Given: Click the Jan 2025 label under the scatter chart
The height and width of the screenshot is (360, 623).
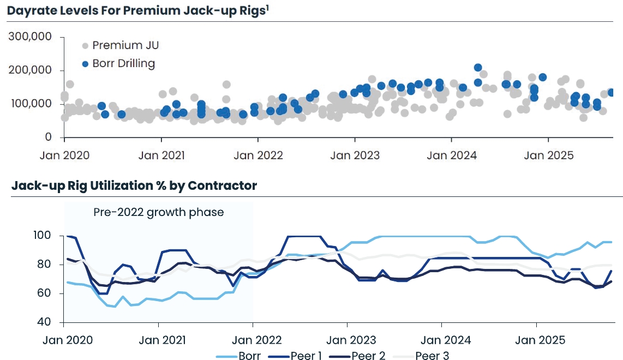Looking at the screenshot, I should click(x=548, y=155).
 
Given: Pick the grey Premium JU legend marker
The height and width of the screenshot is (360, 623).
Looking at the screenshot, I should click(x=85, y=45).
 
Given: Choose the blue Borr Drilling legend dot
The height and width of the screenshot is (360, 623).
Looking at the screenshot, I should click(x=85, y=64).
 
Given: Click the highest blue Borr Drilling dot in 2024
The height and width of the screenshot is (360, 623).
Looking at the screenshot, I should click(x=478, y=68).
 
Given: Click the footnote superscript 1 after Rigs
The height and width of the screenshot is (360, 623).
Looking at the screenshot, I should click(x=267, y=8).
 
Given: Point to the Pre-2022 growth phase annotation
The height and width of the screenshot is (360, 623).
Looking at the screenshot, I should click(x=159, y=212).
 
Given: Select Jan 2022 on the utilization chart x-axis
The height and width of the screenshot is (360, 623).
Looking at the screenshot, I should click(x=253, y=340).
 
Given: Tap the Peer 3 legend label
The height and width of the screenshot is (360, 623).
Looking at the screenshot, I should click(x=432, y=356).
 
